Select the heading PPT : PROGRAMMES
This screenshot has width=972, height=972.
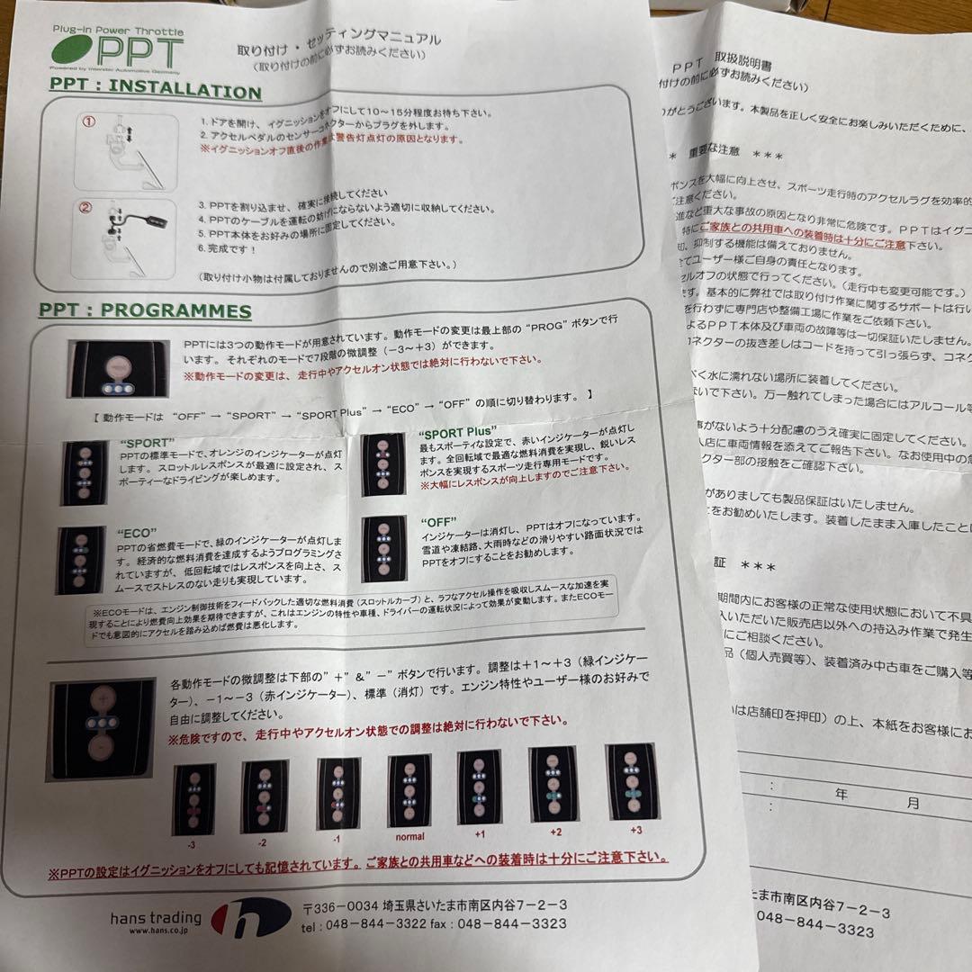(x=145, y=310)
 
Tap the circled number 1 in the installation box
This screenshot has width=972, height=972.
(x=88, y=123)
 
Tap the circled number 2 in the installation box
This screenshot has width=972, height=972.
(x=87, y=207)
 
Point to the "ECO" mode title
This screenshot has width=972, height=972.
(x=137, y=532)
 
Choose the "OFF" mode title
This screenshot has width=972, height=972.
(x=438, y=522)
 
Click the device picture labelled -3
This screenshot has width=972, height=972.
(x=193, y=797)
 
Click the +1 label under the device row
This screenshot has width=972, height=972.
(x=478, y=832)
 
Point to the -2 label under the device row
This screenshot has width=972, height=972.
(x=263, y=843)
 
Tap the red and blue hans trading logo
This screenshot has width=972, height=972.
(x=251, y=917)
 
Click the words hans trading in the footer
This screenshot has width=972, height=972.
(x=157, y=918)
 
